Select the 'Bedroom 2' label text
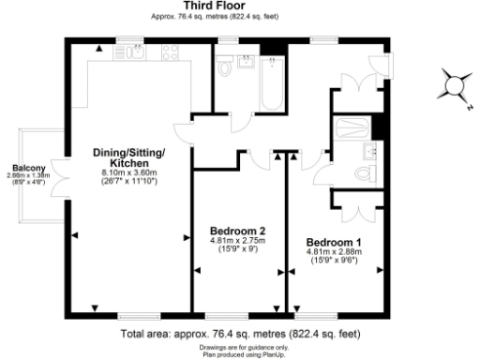click(x=238, y=231)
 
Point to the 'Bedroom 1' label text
click(x=335, y=242)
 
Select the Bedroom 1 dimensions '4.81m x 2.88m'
click(x=335, y=251)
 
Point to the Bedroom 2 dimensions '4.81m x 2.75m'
click(x=238, y=240)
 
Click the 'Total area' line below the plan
click(x=240, y=333)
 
